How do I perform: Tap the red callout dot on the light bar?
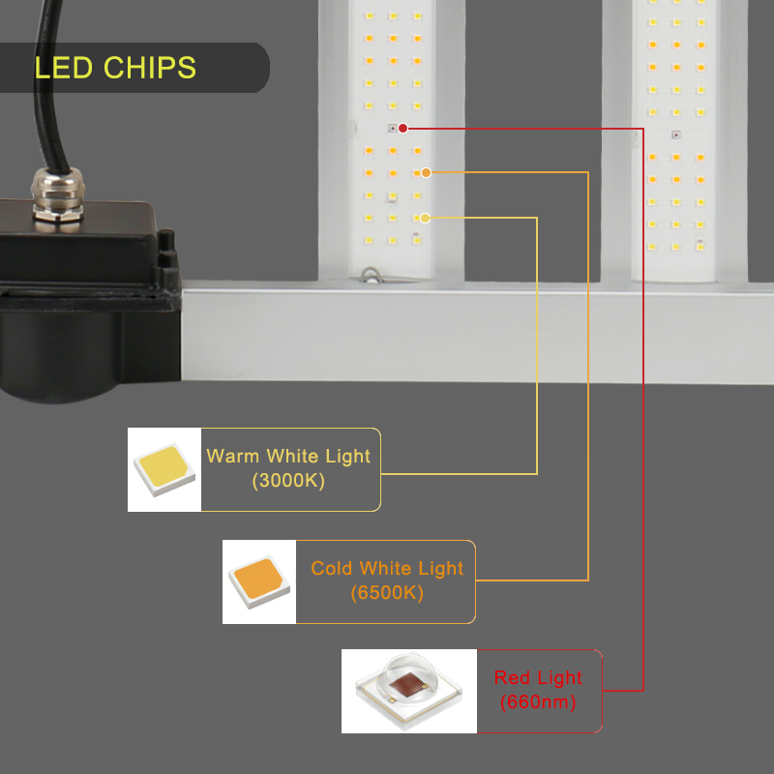pos(402,128)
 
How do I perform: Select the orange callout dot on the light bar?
pos(426,172)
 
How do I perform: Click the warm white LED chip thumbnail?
pos(164,470)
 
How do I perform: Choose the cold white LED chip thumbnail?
pos(259,581)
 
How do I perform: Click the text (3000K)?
pos(288,480)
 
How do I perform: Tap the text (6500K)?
pos(387,592)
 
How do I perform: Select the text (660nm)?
pos(538,702)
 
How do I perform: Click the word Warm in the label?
pos(233,456)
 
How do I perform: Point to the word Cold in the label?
pos(332,568)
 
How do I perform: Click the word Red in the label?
pos(512,678)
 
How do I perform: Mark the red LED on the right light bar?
pos(675,134)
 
